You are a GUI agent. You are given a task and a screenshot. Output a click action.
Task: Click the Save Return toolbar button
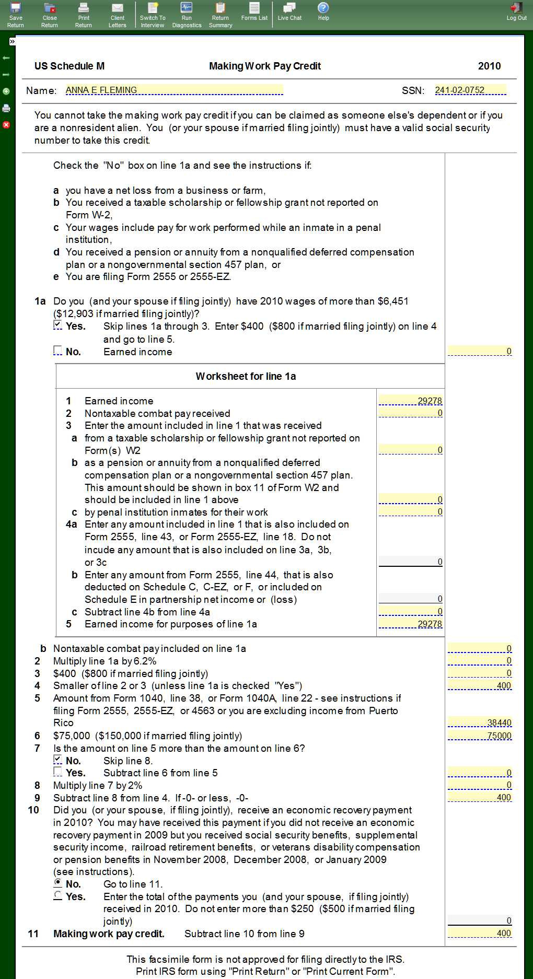point(16,15)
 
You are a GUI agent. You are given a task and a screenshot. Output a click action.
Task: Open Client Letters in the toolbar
point(118,15)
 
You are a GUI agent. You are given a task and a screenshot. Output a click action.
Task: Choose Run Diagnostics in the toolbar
point(187,15)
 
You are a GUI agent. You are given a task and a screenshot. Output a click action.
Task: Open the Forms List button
point(254,11)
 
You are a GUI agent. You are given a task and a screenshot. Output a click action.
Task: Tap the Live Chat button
point(289,11)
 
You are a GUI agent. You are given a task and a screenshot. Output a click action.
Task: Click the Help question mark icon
point(323,8)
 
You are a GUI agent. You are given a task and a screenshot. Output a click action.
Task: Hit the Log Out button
point(516,11)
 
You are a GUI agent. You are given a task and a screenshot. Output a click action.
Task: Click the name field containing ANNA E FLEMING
point(174,90)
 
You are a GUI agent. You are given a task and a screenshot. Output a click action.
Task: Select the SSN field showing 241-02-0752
point(470,90)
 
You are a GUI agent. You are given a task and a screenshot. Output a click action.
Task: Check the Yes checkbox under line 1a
point(57,325)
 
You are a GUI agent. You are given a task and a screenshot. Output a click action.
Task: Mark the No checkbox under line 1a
point(57,351)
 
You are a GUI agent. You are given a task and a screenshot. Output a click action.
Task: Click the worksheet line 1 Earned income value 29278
point(411,401)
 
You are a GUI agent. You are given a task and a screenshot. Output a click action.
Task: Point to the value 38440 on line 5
point(480,722)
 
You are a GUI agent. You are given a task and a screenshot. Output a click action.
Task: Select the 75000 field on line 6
point(480,736)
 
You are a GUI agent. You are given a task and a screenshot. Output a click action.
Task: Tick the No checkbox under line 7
point(57,760)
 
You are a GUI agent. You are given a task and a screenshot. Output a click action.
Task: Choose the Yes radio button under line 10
point(57,895)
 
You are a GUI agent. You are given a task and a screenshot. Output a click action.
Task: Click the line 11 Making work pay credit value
point(480,933)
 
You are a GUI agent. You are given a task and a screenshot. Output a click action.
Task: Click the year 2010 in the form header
point(489,66)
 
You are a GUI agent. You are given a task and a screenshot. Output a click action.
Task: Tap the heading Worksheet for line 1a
point(246,376)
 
